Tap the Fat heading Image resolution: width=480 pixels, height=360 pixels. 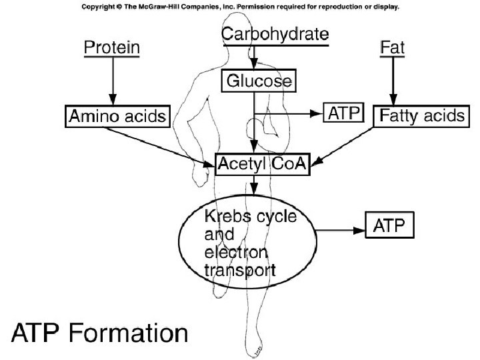[392, 48]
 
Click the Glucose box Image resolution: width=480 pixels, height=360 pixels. [257, 81]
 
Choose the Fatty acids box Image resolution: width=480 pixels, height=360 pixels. [420, 115]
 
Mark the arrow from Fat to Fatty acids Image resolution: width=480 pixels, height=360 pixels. [393, 80]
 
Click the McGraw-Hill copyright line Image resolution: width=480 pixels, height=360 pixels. [240, 7]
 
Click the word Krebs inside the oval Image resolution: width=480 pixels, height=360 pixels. [224, 219]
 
